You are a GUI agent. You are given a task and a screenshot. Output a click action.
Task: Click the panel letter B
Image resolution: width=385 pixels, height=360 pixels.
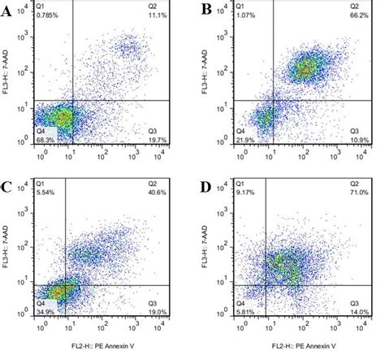[207, 11]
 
